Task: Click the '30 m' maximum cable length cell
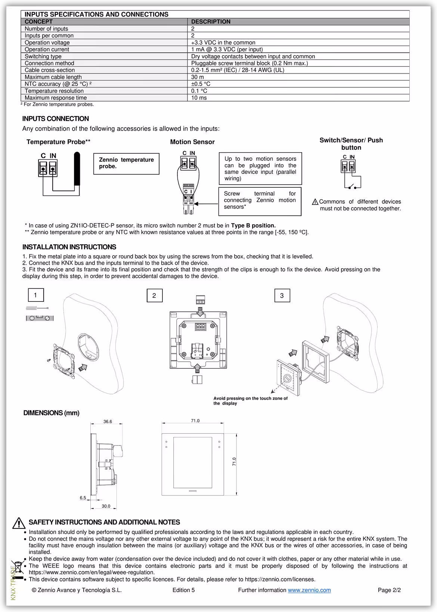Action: (x=198, y=77)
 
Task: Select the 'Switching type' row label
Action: (x=43, y=56)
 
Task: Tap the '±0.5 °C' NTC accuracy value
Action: (x=201, y=84)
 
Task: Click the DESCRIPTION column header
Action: (x=211, y=22)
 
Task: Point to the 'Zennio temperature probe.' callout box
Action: (x=126, y=163)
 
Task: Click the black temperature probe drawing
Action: (x=77, y=168)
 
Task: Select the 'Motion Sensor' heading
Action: (x=192, y=142)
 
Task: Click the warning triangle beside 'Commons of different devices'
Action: (x=315, y=202)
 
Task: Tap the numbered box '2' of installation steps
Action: (x=154, y=296)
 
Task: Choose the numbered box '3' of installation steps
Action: (x=282, y=296)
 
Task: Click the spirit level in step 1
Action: (x=40, y=318)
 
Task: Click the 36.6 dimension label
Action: (x=108, y=422)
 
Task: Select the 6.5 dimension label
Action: (x=83, y=498)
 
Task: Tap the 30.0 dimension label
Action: (x=106, y=506)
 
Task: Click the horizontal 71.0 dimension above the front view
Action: (x=195, y=421)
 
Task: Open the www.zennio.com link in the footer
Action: (x=309, y=590)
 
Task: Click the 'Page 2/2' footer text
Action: (x=389, y=590)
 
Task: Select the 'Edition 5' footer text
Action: (x=183, y=590)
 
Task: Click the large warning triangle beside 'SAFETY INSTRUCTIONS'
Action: (x=19, y=523)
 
